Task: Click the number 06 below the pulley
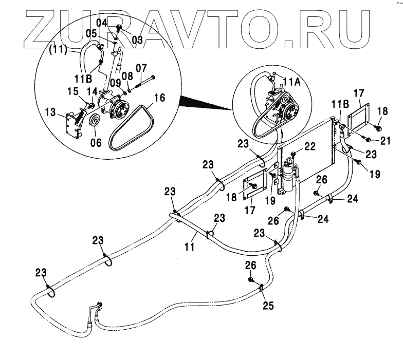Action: point(95,143)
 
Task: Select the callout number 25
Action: point(268,306)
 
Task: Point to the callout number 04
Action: point(101,23)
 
